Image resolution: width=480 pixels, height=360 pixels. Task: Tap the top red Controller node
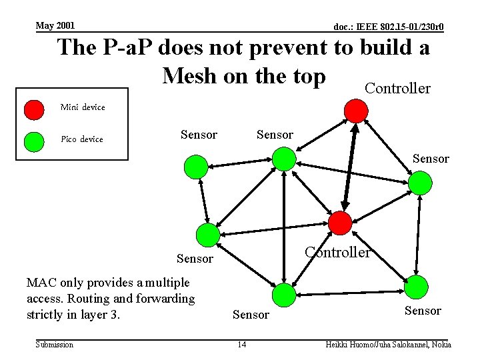(x=356, y=111)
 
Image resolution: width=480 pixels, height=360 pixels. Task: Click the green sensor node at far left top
(x=196, y=167)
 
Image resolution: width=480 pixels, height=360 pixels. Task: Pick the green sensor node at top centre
(x=284, y=159)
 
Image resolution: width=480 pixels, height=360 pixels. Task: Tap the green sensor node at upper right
(x=420, y=182)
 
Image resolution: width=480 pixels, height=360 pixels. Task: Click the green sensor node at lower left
(x=207, y=235)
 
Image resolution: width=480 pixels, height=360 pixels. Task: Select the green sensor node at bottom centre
(x=283, y=294)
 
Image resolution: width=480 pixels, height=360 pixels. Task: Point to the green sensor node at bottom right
(x=417, y=287)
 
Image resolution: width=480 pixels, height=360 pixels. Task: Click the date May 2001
(x=55, y=26)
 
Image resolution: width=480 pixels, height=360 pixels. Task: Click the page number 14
(x=241, y=344)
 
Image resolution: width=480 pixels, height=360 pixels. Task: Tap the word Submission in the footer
(x=55, y=344)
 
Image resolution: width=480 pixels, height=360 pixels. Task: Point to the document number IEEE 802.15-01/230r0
(x=389, y=27)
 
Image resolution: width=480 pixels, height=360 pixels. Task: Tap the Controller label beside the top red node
(x=397, y=89)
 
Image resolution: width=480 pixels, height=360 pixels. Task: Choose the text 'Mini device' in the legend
(x=83, y=107)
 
